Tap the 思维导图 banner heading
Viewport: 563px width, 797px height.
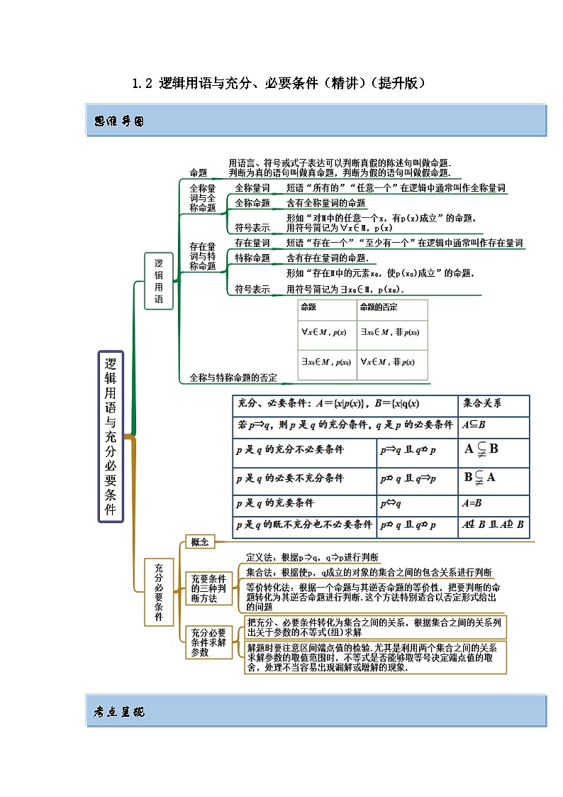(x=119, y=121)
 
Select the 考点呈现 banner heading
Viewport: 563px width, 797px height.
(x=119, y=712)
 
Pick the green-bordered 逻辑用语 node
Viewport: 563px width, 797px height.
(x=159, y=280)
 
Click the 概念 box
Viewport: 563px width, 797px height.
(x=199, y=542)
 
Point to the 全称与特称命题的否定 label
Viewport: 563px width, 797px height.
(x=233, y=378)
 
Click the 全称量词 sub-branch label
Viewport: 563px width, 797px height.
(x=252, y=188)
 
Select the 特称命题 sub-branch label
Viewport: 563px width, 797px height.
(x=252, y=258)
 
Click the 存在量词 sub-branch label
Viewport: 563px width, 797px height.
(x=252, y=243)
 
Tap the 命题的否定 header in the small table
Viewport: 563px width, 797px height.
(x=379, y=307)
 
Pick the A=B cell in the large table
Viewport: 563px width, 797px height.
(x=472, y=502)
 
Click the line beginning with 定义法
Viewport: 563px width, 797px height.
(x=312, y=556)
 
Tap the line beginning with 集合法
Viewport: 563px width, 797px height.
(x=369, y=572)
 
